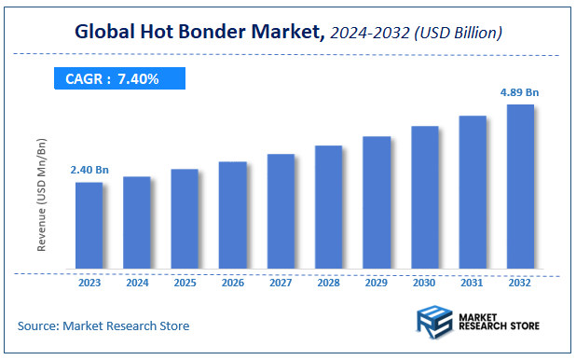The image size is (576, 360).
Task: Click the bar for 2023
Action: coord(89,226)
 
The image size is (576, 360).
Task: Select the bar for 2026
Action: coord(233,215)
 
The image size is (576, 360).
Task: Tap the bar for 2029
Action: coord(377,203)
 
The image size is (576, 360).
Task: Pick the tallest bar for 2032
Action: coord(520,187)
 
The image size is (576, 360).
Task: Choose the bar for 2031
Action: coord(473,193)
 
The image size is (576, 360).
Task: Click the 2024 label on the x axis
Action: coord(137,282)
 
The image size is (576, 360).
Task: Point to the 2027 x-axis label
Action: coord(281,282)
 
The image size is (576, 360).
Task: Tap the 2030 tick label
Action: coord(425,282)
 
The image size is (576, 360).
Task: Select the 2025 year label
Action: coord(185,282)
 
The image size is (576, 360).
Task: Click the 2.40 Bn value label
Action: coord(89,170)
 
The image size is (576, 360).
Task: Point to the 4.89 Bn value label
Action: coord(519,92)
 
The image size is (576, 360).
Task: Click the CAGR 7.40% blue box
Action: coord(113,79)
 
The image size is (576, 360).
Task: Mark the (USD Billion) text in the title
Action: coord(458,34)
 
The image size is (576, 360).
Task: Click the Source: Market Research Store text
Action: coord(103,325)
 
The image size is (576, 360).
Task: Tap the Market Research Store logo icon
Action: coord(434,323)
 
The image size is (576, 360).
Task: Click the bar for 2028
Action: coord(329,208)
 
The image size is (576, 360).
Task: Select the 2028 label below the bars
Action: coord(329,282)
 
